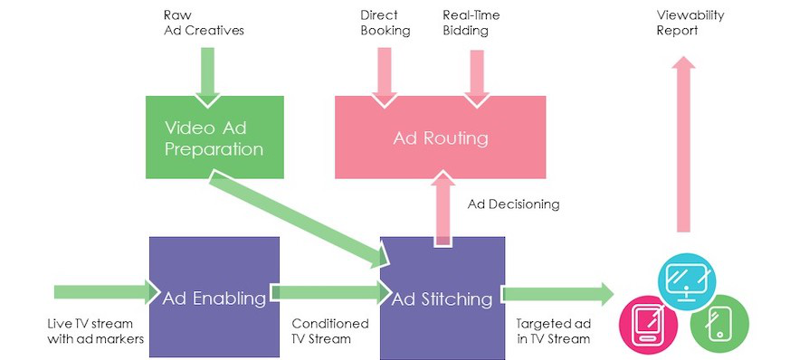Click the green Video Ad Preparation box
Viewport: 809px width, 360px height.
coord(214,137)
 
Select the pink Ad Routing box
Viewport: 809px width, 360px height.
coord(440,137)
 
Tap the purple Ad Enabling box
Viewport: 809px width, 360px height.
coord(214,297)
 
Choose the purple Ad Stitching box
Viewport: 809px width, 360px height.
coord(443,298)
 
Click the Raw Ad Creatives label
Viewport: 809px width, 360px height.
coord(204,23)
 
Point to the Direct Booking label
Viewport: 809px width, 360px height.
coord(385,23)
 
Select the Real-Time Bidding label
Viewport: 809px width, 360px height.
coord(471,23)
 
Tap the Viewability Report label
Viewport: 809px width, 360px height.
coord(690,23)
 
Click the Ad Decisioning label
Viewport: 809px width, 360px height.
coord(514,204)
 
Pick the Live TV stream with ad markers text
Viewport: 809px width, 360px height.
coord(95,331)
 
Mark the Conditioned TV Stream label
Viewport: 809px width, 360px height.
coord(330,331)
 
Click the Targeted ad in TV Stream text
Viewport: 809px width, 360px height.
coord(553,331)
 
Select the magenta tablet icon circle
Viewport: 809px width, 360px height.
coord(648,325)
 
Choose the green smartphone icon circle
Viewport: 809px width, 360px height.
coord(719,324)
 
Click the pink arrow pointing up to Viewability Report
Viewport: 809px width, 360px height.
coord(683,145)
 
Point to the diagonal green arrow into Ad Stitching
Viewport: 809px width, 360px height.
coord(300,219)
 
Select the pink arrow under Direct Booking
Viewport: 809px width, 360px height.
coord(385,78)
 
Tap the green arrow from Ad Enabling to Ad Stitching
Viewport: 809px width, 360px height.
coord(330,293)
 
